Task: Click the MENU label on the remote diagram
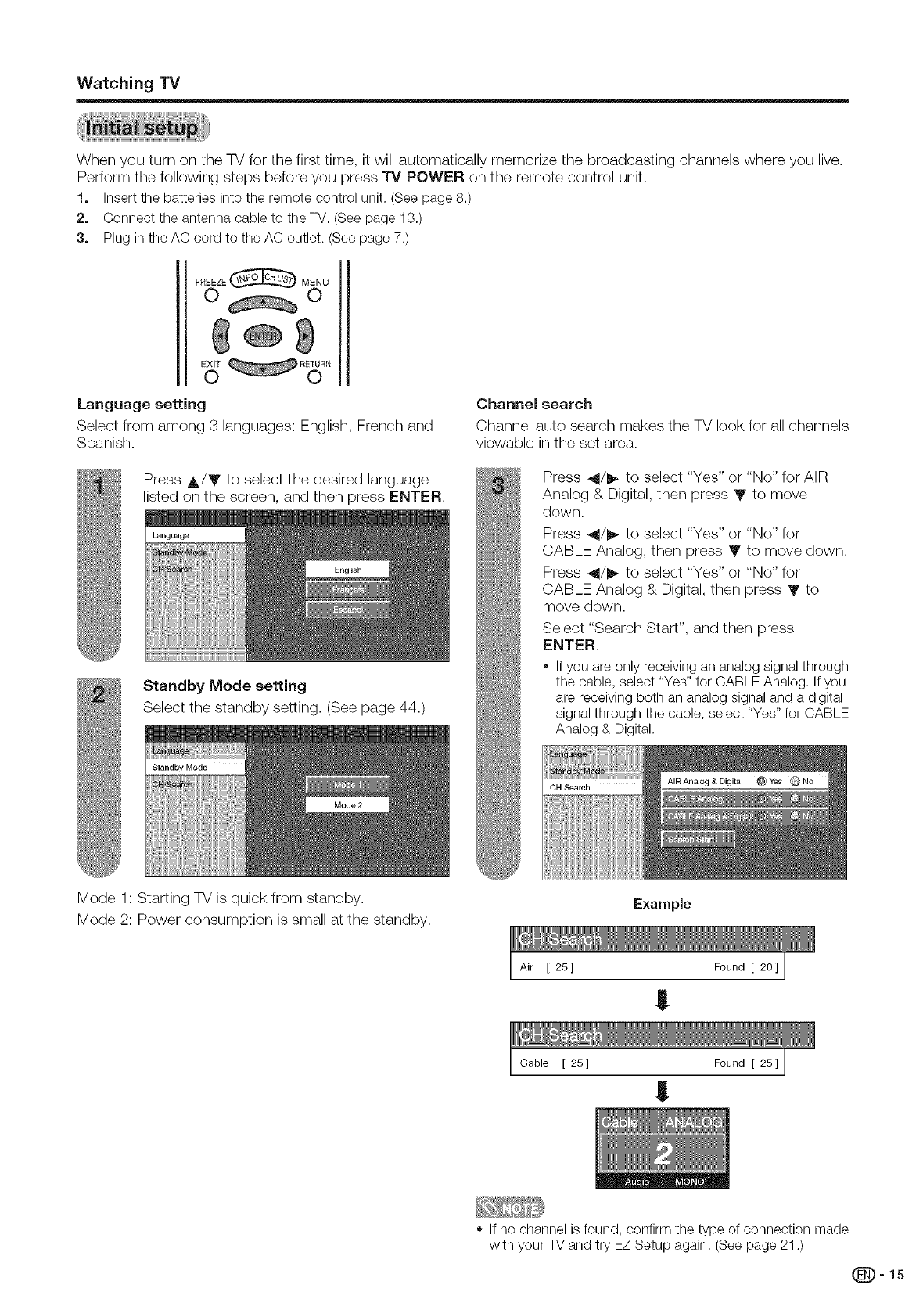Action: coord(314,282)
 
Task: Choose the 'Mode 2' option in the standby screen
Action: coord(348,804)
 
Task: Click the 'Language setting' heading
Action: coord(142,405)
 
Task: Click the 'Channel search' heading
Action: coord(534,405)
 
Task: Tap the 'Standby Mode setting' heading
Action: coord(224,686)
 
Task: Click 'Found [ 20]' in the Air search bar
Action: coord(745,966)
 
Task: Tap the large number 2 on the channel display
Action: coord(663,1151)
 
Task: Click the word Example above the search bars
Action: coord(662,904)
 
